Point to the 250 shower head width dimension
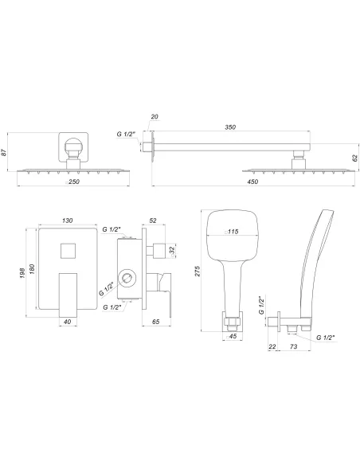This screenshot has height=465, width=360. coord(72,182)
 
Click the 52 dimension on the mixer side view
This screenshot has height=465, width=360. coord(153,220)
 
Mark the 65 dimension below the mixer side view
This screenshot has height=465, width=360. coord(156,322)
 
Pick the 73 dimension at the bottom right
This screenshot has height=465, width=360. coord(295,347)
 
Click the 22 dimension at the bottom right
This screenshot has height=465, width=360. coord(273,347)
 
